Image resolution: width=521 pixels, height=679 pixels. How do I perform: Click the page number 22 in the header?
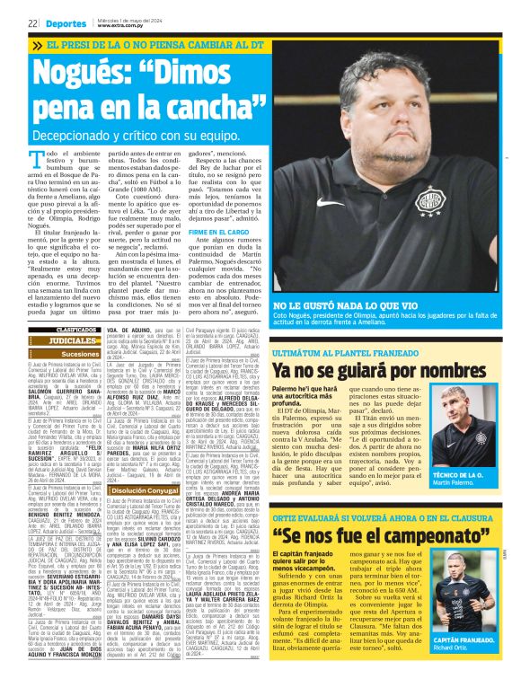point(31,23)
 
